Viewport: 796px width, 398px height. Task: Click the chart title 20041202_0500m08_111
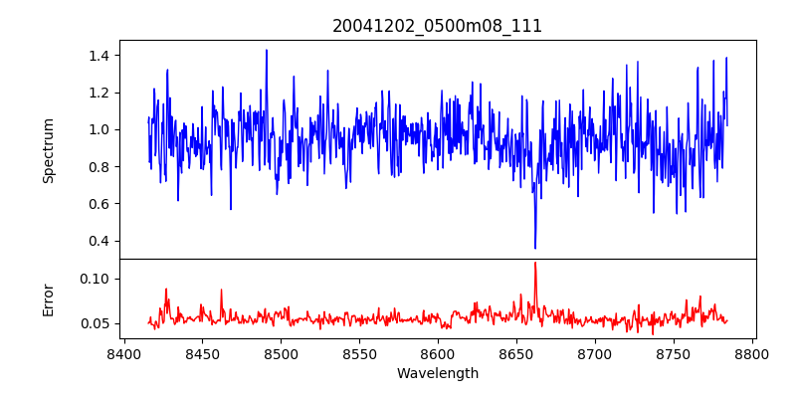point(437,26)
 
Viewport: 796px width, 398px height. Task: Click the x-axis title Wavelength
point(437,373)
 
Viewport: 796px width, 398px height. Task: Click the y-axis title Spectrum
point(49,150)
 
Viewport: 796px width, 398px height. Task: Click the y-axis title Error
point(49,299)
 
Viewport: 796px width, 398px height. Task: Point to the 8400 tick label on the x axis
point(123,353)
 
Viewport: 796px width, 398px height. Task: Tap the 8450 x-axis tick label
point(202,353)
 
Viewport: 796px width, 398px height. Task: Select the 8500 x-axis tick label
point(281,353)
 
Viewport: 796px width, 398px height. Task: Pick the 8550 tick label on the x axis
point(359,353)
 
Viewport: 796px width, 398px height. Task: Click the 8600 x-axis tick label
point(438,353)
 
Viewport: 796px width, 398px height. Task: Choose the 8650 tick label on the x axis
point(516,353)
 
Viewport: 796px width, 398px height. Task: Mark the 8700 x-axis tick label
point(595,353)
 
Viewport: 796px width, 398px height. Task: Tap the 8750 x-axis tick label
point(674,353)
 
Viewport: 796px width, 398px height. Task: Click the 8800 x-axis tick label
point(752,353)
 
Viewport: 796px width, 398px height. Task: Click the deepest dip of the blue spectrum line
point(535,248)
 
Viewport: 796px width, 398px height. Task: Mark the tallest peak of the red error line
point(535,263)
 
